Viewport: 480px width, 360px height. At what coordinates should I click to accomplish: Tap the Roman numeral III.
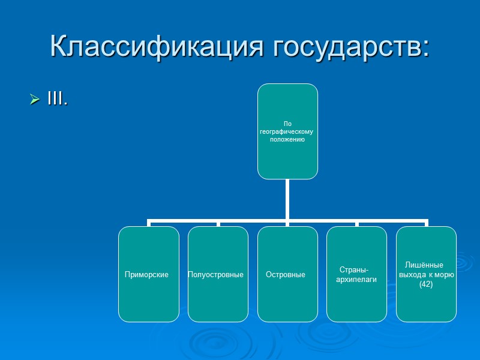(x=57, y=99)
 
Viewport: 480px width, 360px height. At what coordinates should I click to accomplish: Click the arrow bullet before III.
(x=35, y=100)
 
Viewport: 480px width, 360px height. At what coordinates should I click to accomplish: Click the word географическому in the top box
(x=287, y=131)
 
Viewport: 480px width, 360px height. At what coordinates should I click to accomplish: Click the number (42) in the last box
(x=426, y=284)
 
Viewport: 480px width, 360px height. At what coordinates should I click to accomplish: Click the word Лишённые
(x=424, y=265)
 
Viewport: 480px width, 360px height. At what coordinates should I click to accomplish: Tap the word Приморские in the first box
(x=146, y=275)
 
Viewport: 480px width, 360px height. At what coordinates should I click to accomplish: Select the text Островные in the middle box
(x=286, y=275)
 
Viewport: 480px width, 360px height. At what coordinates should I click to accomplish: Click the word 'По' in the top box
(x=287, y=124)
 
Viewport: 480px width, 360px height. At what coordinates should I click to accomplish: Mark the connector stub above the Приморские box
(x=149, y=223)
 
